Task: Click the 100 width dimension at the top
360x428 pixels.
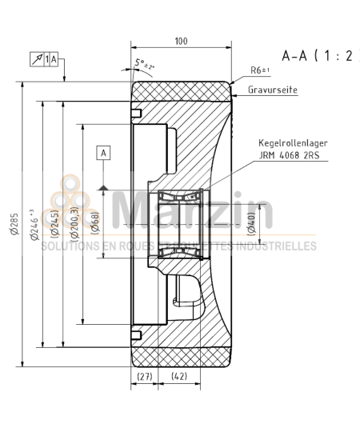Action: [180, 40]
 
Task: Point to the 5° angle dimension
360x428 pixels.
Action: [144, 64]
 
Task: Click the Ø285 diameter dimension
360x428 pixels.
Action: [14, 226]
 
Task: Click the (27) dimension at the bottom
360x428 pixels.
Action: [145, 375]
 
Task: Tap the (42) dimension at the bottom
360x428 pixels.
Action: [180, 375]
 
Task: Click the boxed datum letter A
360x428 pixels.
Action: [102, 150]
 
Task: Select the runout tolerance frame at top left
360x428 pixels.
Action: [47, 58]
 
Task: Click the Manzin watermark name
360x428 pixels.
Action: [192, 212]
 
